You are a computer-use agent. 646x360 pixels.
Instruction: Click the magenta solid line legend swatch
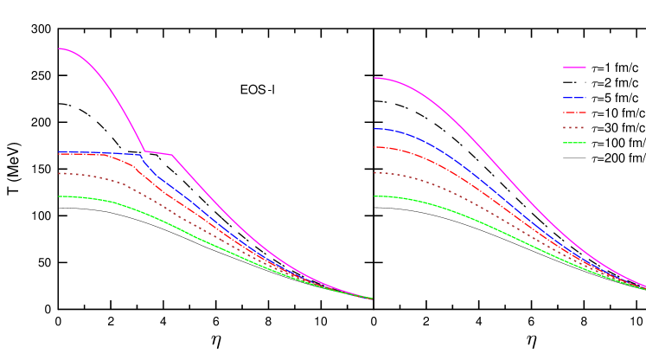coord(574,67)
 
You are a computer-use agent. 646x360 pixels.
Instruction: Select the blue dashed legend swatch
coord(574,98)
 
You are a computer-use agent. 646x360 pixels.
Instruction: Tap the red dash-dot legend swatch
coord(574,112)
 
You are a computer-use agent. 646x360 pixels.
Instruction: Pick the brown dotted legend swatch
coord(574,128)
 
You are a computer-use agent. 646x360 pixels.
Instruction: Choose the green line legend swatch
coord(574,143)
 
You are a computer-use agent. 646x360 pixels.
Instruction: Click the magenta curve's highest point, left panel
coord(59,48)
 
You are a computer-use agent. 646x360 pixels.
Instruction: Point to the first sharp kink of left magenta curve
coord(144,151)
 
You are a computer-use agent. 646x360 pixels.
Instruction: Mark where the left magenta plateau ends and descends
coord(172,156)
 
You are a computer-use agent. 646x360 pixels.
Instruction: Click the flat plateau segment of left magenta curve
coord(158,153)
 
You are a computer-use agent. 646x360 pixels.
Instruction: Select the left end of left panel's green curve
coord(59,196)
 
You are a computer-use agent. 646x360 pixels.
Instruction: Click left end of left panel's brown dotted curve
coord(59,173)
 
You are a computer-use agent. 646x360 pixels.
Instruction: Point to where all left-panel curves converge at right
coord(371,299)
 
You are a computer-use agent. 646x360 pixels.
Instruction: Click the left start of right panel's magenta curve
coord(374,78)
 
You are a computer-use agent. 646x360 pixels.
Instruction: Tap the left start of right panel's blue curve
coord(374,129)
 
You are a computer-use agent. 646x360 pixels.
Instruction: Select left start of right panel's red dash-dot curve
coord(374,147)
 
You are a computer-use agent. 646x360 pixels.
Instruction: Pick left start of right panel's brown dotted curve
coord(374,173)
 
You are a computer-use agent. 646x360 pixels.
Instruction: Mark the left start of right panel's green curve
coord(374,196)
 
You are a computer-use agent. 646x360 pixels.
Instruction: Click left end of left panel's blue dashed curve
coord(59,151)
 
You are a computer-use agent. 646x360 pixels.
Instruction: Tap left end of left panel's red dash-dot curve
coord(59,154)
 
